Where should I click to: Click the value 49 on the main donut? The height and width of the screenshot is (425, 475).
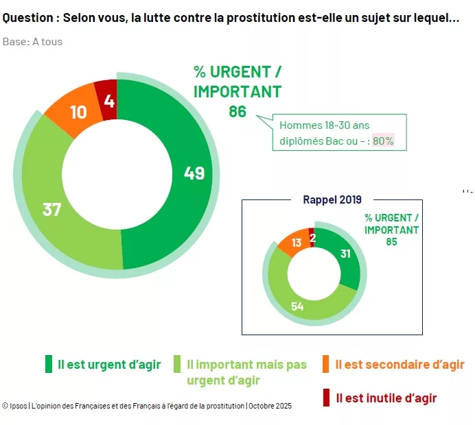(x=194, y=173)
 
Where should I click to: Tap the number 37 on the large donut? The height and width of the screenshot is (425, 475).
(x=52, y=209)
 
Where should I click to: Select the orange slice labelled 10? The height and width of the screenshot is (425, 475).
(x=78, y=112)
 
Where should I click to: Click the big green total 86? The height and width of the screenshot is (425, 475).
(x=237, y=111)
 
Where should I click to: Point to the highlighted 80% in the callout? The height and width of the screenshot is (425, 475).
(x=383, y=140)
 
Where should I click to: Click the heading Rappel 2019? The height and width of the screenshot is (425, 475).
(x=332, y=199)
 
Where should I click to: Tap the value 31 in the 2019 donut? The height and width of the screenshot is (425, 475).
(x=345, y=254)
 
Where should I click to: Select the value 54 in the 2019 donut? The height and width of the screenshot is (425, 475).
(x=297, y=306)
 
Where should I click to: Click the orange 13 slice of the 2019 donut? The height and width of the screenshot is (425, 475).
(x=296, y=244)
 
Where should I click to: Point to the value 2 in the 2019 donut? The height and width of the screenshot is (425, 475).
(x=312, y=237)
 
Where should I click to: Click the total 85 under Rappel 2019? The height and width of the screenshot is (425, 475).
(x=391, y=241)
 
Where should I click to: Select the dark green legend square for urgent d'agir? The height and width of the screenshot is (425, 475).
(x=49, y=364)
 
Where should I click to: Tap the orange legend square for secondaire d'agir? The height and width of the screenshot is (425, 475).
(x=325, y=364)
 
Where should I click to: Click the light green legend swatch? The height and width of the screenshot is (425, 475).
(x=177, y=364)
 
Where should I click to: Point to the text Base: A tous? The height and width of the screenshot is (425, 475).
(x=32, y=42)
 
